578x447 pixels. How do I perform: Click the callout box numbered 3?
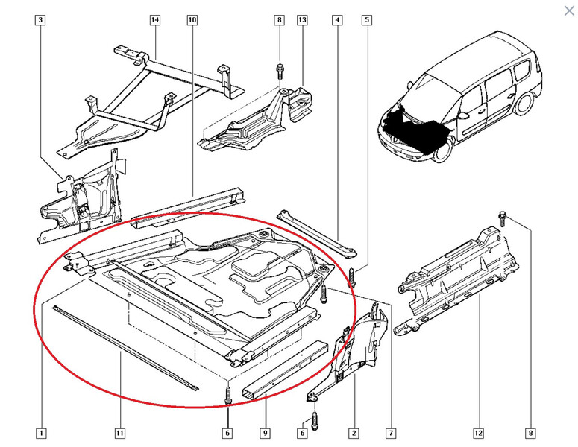point(40,20)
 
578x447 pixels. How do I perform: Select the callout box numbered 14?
point(155,20)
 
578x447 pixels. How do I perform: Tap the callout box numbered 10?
point(192,20)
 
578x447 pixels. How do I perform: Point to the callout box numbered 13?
point(302,20)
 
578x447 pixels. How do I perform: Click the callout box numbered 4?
point(337,20)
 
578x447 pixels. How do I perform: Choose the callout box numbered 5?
point(367,20)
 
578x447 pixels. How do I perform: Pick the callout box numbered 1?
point(41,433)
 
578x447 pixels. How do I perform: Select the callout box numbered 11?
point(120,433)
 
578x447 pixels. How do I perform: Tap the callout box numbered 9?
point(265,433)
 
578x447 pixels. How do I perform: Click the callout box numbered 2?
point(354,433)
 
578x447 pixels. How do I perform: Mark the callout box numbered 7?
point(391,433)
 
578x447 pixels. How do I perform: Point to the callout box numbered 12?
point(479,433)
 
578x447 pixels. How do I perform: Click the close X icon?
point(569,10)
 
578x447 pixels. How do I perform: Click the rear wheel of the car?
point(524,101)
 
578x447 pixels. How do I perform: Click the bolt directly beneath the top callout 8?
point(280,71)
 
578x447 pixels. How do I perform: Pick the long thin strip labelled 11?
point(125,347)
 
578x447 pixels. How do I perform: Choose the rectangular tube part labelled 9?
point(286,370)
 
